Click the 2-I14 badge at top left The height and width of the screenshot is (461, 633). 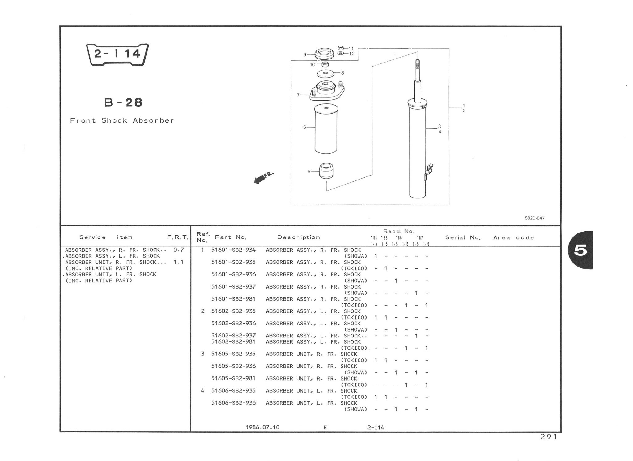pyautogui.click(x=117, y=54)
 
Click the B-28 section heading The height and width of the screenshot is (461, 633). pyautogui.click(x=123, y=102)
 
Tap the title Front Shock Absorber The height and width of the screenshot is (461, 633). pyautogui.click(x=122, y=120)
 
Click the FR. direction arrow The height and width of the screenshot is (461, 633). pyautogui.click(x=263, y=178)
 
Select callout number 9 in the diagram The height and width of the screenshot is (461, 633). pyautogui.click(x=305, y=55)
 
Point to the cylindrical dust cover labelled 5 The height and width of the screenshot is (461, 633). pyautogui.click(x=326, y=129)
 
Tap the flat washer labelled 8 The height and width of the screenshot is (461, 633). pyautogui.click(x=326, y=74)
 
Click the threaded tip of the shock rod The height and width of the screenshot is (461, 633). pyautogui.click(x=417, y=65)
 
